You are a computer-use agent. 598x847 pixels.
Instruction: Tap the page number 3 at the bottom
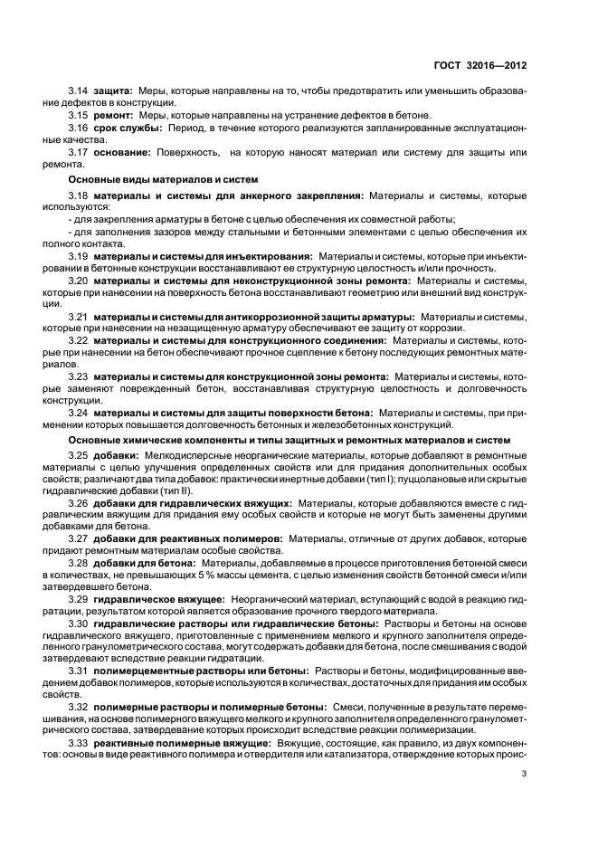click(526, 772)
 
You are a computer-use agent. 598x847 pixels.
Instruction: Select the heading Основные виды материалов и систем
click(150, 179)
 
